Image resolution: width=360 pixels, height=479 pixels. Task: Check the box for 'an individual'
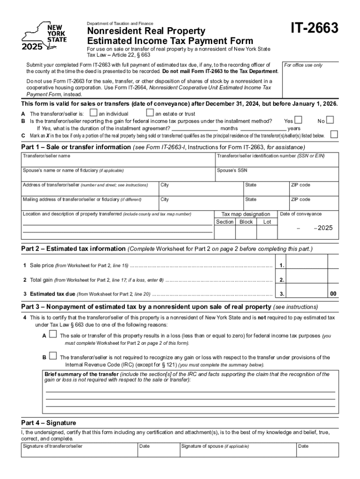(x=94, y=113)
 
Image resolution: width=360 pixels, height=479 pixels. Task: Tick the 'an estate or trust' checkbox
(x=150, y=113)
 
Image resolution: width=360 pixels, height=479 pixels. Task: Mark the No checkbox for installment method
(x=330, y=120)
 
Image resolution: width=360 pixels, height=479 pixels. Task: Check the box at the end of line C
(x=334, y=135)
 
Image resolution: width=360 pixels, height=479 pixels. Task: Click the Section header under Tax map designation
(x=225, y=222)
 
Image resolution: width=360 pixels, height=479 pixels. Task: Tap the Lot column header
(x=267, y=222)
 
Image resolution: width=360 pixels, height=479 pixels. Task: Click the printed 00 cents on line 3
(x=333, y=294)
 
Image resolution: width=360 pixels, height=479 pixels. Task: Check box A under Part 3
(x=53, y=334)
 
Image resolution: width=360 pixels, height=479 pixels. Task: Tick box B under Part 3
(x=53, y=356)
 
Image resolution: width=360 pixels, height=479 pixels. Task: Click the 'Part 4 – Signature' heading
(x=49, y=422)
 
